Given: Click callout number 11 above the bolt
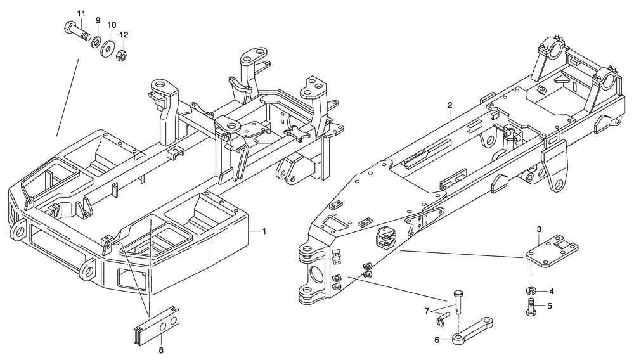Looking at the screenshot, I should [81, 14].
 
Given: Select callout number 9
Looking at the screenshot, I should [98, 20].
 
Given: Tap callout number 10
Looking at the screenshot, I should [112, 25].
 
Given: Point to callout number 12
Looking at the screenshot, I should [124, 34].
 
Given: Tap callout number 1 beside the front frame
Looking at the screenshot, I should [264, 233].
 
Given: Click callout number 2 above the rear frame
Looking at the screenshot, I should [450, 105].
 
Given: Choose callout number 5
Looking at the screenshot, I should [550, 306].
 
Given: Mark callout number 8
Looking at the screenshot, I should [160, 349].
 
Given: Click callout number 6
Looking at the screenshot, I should [436, 340].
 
